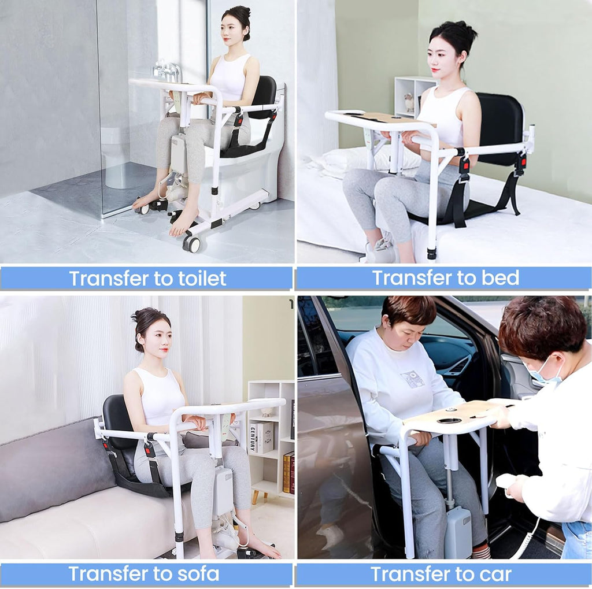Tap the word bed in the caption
click(x=500, y=278)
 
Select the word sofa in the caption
click(x=198, y=574)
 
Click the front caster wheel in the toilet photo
click(x=191, y=243)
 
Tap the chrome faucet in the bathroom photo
click(x=168, y=71)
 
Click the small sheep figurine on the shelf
click(x=409, y=102)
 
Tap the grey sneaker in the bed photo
click(x=379, y=248)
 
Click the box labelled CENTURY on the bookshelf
click(x=261, y=438)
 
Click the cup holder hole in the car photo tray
click(x=449, y=421)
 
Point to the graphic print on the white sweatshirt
click(x=413, y=379)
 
